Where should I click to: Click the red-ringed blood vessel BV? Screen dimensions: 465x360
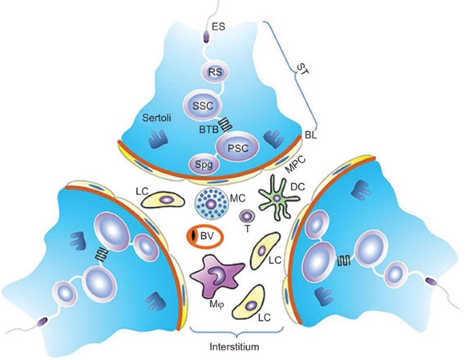point(204,236)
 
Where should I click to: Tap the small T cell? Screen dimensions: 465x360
point(246,217)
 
